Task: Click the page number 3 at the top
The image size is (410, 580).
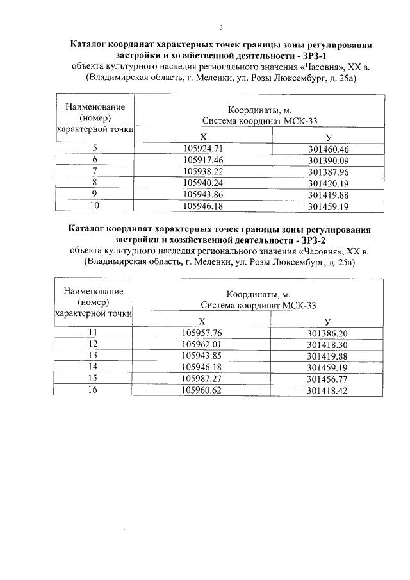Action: pyautogui.click(x=220, y=28)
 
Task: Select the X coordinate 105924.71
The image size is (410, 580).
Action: pyautogui.click(x=202, y=148)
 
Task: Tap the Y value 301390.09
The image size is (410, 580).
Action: pyautogui.click(x=327, y=160)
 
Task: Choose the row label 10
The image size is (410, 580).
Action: pyautogui.click(x=94, y=206)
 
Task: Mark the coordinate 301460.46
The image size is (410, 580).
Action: pyautogui.click(x=327, y=148)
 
